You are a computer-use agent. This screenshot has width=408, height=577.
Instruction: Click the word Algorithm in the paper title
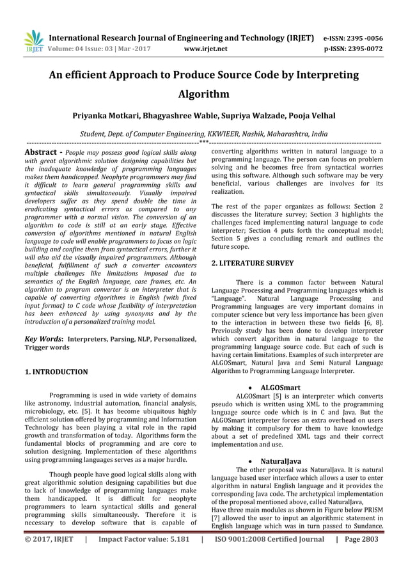(203, 95)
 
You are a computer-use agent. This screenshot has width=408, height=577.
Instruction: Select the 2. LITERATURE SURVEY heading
(252, 263)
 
